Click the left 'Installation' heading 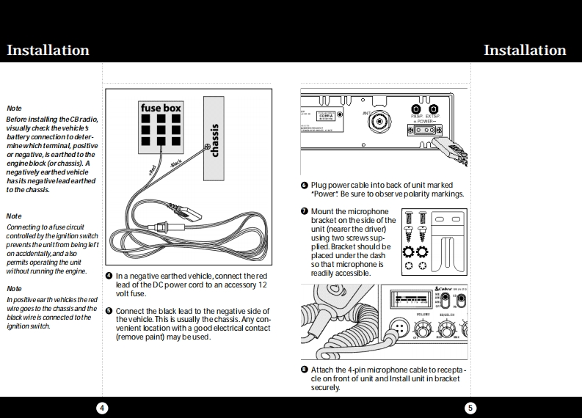[x=48, y=50]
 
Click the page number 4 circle [x=103, y=408]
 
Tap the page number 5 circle [x=470, y=408]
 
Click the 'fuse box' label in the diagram [x=161, y=108]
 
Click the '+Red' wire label [x=153, y=169]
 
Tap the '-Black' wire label [x=175, y=164]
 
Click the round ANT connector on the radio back [x=379, y=122]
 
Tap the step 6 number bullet [x=305, y=185]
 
